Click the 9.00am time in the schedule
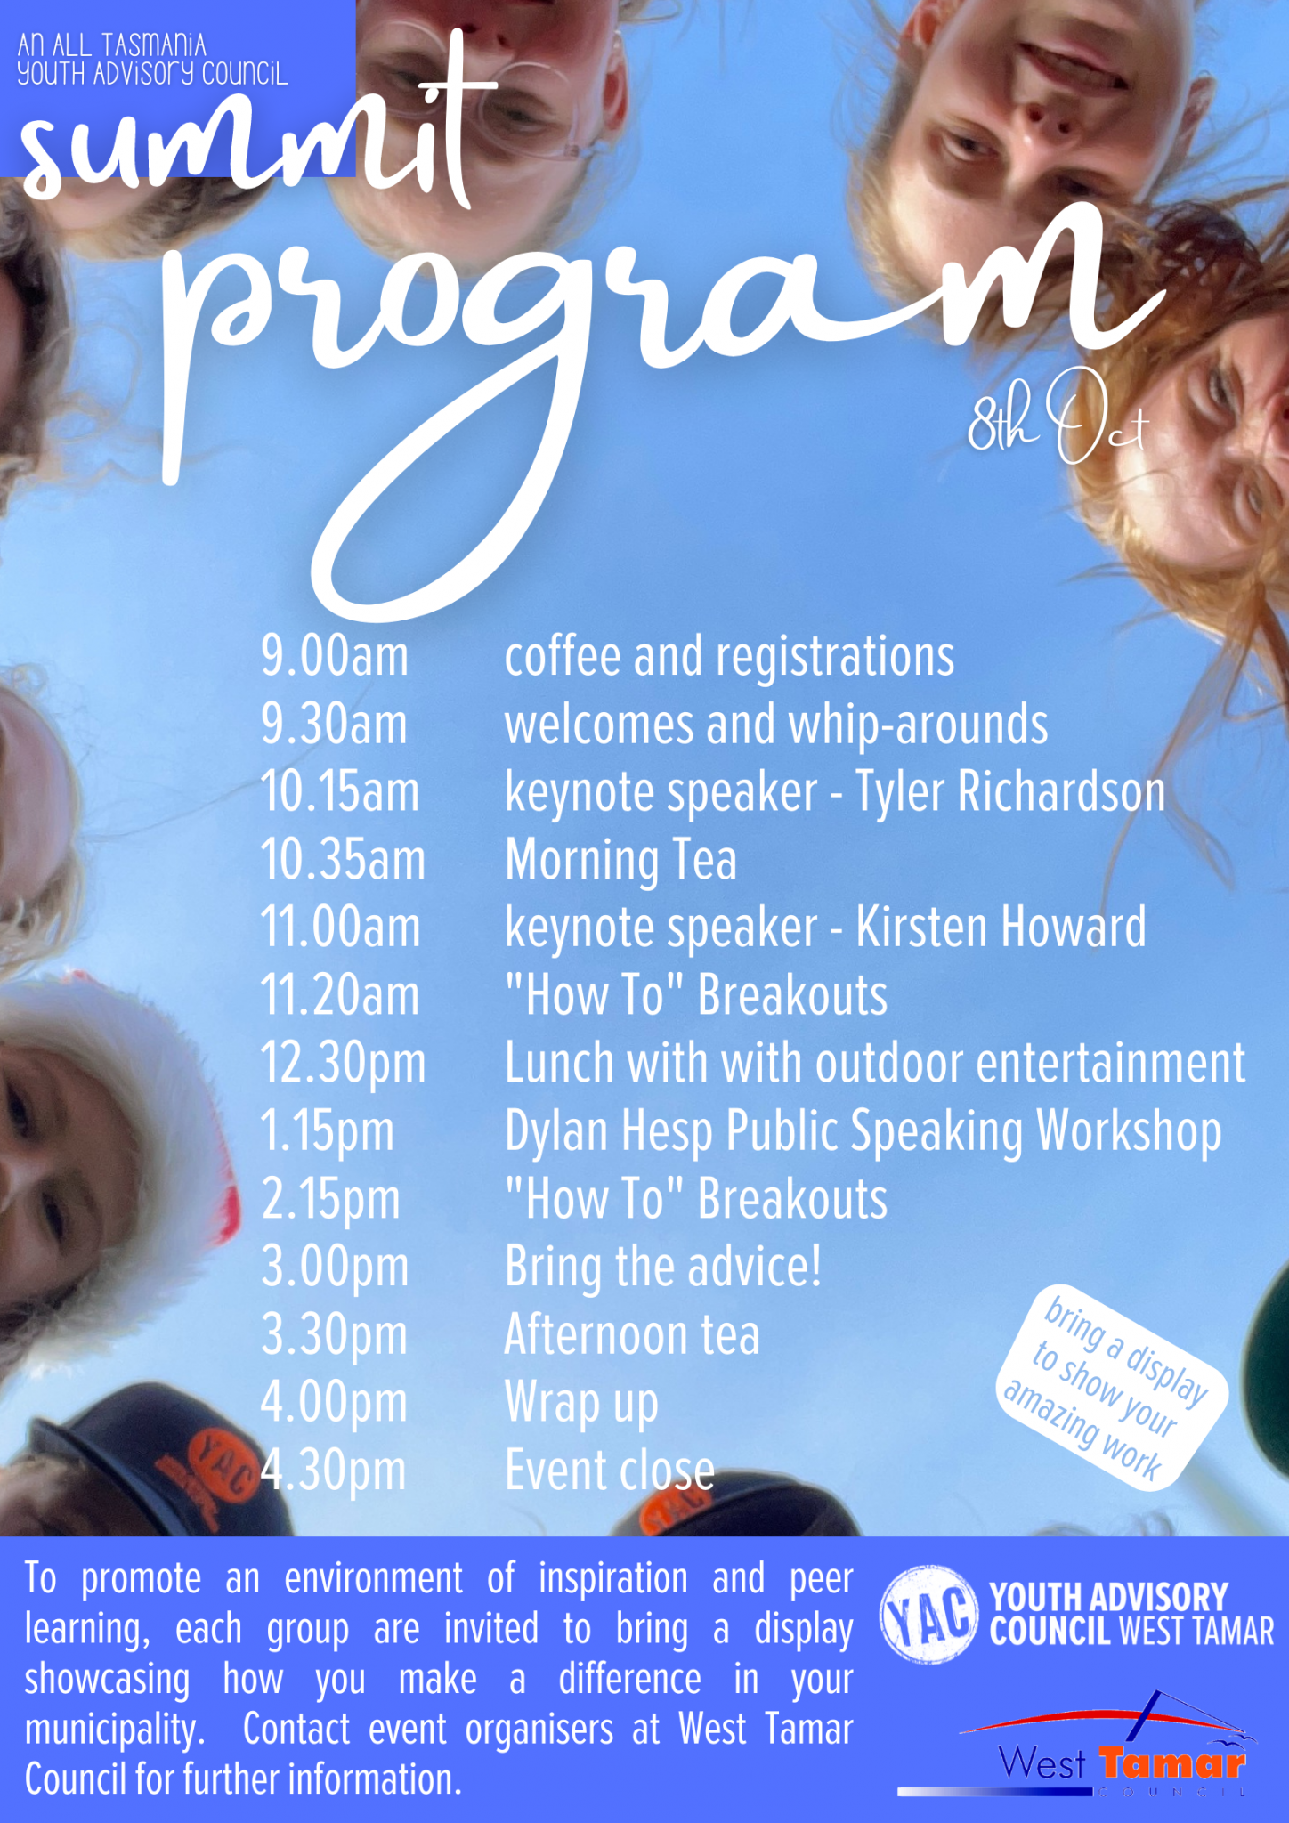point(335,657)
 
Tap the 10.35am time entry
point(343,860)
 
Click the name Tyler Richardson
point(1010,793)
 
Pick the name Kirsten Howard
point(1001,928)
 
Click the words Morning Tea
point(620,862)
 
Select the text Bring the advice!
point(662,1268)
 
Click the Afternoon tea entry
point(632,1335)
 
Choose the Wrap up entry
point(581,1405)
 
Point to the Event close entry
point(610,1471)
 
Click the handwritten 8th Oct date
point(1058,417)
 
